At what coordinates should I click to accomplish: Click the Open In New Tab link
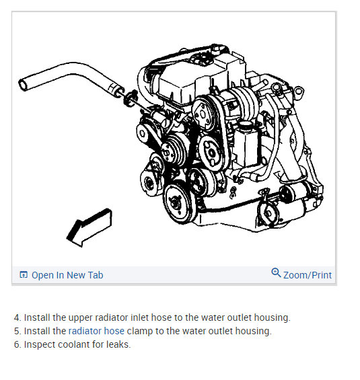point(67,275)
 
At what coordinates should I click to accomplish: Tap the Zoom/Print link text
point(307,275)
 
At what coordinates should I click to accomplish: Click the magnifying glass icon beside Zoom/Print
point(276,272)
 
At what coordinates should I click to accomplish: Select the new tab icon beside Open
point(24,274)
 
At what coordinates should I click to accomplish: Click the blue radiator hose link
point(96,331)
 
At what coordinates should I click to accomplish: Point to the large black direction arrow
point(89,227)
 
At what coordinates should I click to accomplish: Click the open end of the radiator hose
point(23,85)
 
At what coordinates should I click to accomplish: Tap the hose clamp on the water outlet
point(131,98)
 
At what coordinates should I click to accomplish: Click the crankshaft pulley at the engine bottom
point(177,202)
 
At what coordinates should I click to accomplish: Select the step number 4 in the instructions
point(17,317)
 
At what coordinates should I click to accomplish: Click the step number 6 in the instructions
point(17,344)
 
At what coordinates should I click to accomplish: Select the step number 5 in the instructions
point(17,331)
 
